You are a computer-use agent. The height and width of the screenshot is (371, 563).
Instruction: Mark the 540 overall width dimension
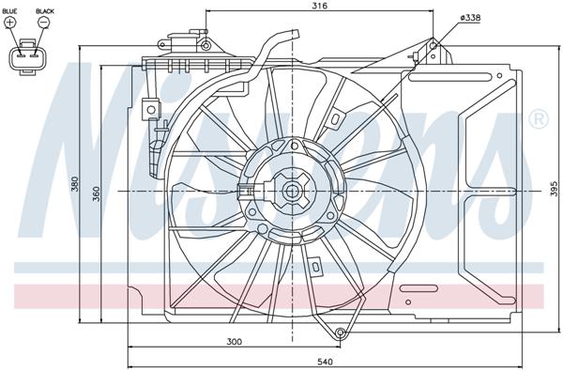pos(324,360)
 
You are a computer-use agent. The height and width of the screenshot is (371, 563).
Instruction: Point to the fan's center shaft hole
pos(291,192)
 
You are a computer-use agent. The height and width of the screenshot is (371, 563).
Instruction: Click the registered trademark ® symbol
pos(538,119)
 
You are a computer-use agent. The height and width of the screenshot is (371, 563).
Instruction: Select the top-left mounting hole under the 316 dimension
pos(205,44)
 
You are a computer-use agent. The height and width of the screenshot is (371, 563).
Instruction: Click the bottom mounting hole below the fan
pos(341,332)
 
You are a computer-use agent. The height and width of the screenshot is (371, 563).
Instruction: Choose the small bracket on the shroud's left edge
pos(149,110)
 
